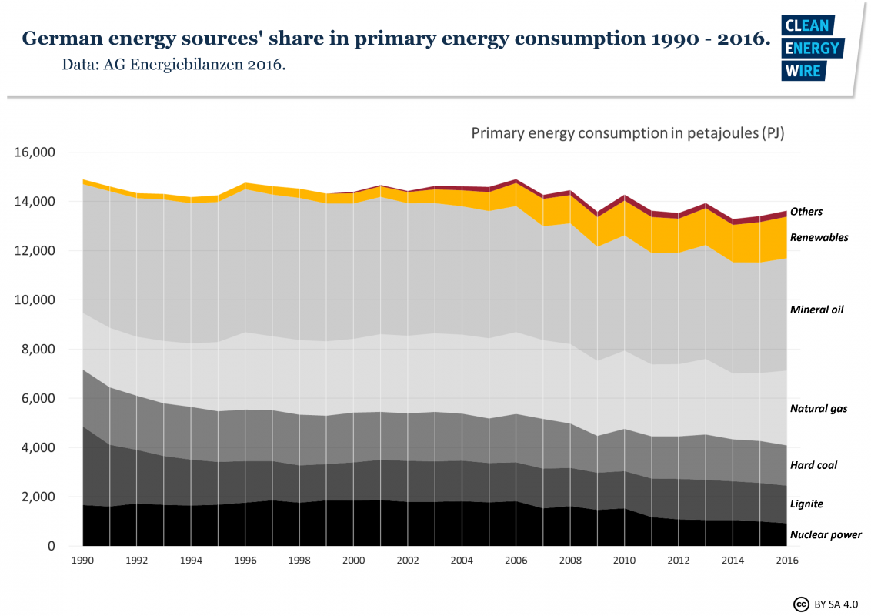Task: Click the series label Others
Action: [806, 212]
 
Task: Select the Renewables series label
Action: [819, 237]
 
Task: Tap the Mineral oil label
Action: [816, 310]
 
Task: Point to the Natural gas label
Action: [819, 408]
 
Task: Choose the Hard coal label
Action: [813, 465]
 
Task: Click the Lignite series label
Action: [806, 504]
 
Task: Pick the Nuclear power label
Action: [826, 534]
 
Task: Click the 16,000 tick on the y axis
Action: [35, 152]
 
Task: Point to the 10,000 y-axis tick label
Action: [35, 300]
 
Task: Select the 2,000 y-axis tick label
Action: [38, 497]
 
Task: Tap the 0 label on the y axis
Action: [52, 547]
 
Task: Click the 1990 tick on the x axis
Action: [82, 562]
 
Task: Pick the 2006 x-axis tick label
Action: [516, 562]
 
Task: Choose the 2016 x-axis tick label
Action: [786, 562]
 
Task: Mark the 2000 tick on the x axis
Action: [353, 562]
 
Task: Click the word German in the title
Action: [60, 39]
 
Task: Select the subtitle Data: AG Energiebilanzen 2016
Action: [174, 65]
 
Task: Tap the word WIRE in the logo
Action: [803, 71]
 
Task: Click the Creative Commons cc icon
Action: [800, 604]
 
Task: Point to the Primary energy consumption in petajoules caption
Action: [627, 133]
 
